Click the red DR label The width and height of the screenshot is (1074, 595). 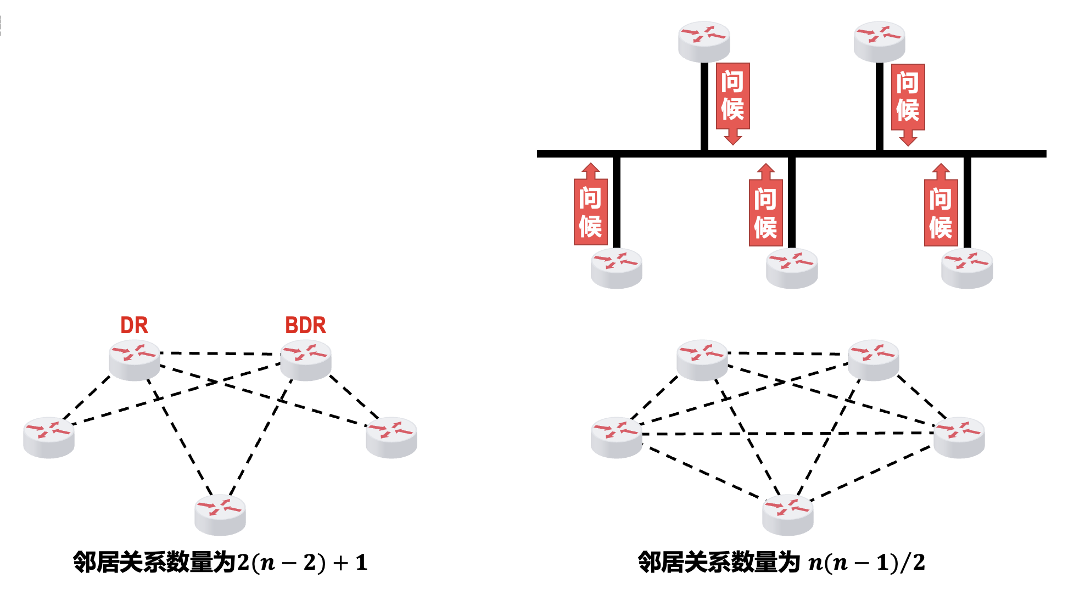point(134,325)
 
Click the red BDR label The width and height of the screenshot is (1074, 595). point(305,325)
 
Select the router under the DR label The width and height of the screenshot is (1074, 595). point(135,360)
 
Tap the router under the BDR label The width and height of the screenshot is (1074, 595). point(306,360)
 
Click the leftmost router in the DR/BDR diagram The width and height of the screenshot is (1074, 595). point(49,437)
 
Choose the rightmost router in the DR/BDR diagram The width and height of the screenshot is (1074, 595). point(391,437)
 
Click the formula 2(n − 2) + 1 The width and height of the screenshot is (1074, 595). point(302,563)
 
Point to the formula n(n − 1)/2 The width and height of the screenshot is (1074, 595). point(866,563)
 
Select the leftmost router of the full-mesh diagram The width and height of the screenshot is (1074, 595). point(616,437)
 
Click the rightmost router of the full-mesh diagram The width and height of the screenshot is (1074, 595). point(959,437)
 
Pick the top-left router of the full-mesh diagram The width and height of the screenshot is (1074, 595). point(702,360)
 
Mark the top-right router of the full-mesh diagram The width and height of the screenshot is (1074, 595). point(873,360)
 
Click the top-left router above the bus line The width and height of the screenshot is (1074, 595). point(704,42)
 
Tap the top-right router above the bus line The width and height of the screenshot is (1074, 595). point(880,42)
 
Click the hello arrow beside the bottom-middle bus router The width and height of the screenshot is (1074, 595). point(765,206)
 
